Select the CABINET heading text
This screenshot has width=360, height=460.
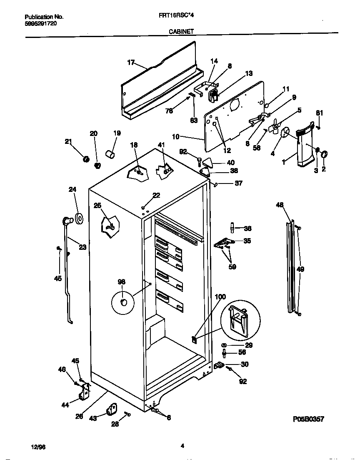[180, 31]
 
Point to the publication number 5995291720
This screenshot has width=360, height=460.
[41, 23]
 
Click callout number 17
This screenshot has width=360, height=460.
[131, 63]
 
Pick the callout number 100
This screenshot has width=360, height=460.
[220, 297]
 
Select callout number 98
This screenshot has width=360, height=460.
[121, 282]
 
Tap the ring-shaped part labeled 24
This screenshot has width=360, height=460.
[78, 218]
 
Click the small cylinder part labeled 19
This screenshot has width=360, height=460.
[111, 156]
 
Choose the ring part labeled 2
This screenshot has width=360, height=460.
[325, 155]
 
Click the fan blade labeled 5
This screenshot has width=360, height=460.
[275, 127]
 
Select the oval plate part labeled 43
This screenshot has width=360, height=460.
[112, 410]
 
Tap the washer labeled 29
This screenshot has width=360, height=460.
[224, 345]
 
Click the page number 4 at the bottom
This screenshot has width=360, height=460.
[182, 446]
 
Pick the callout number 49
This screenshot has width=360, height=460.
[300, 269]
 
